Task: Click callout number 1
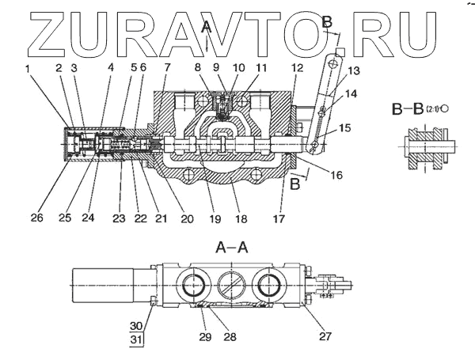coord(28,69)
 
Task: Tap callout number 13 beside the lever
coord(354,71)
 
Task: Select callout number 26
coord(37,218)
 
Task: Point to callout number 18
coord(241,218)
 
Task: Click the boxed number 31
coord(136,339)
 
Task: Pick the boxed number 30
coord(136,326)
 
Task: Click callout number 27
coord(325,336)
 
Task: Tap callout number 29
coord(205,337)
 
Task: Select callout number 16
coord(336,175)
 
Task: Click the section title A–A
coord(232,248)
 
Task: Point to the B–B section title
coord(408,109)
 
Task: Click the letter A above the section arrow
coord(207,27)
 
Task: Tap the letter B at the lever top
coord(327,22)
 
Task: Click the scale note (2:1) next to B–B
coord(433,108)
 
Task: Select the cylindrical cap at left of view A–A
coord(103,286)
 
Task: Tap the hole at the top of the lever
coord(333,63)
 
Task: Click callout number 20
coord(187,218)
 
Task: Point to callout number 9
coord(215,67)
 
